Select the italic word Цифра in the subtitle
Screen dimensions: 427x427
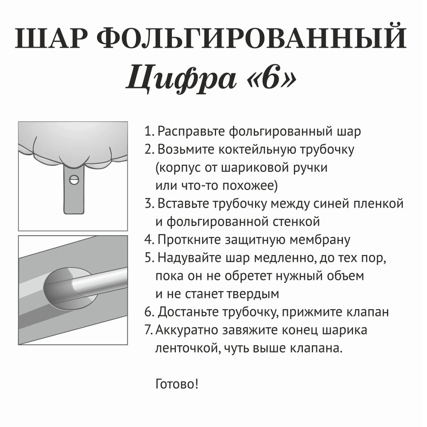[x=179, y=78]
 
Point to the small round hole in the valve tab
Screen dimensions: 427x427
[x=74, y=180]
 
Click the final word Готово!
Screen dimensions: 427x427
[x=177, y=383]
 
